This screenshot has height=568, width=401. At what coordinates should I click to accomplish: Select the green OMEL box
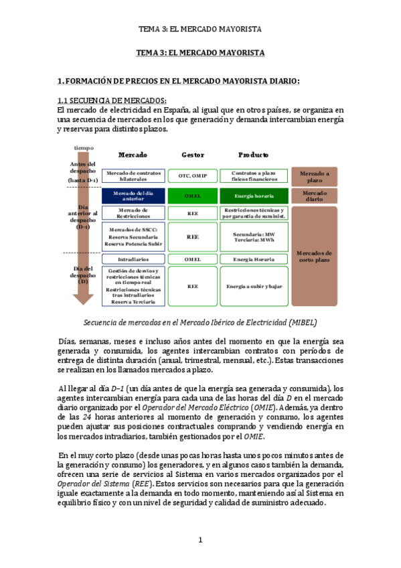coord(193,196)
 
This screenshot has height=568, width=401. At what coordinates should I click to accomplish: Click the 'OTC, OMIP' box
coord(193,175)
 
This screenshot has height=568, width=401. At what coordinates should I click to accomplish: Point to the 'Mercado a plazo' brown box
coord(315,176)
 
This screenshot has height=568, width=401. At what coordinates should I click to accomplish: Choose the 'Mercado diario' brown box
coord(315,196)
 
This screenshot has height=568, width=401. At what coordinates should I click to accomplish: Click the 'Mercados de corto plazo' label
coord(315,257)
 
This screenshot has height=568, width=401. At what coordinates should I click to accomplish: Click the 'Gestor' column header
coord(193,155)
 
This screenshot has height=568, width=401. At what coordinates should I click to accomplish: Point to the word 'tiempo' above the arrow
coord(84,147)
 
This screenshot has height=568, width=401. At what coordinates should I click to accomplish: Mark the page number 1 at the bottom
coord(200,540)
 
